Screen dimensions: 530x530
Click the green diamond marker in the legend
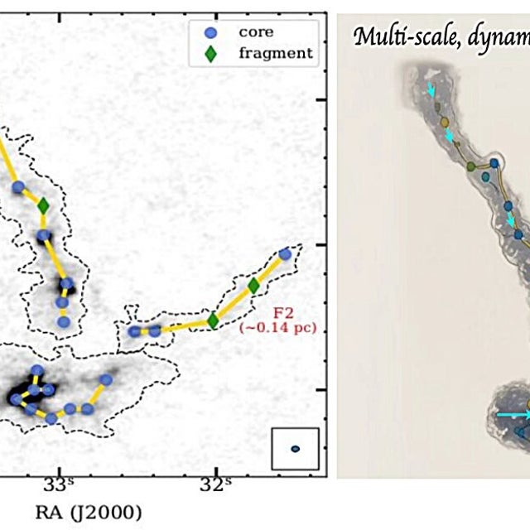coord(210,54)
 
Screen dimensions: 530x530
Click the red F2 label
coord(282,314)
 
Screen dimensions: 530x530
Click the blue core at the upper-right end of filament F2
coord(285,254)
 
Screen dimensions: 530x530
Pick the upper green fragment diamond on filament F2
coord(253,286)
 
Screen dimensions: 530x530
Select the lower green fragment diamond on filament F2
coord(213,320)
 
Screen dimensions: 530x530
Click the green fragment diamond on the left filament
coord(44,205)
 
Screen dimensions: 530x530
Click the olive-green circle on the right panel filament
coord(470,166)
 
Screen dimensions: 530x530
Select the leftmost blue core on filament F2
coord(135,331)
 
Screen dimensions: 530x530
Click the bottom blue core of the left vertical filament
coord(63,321)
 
